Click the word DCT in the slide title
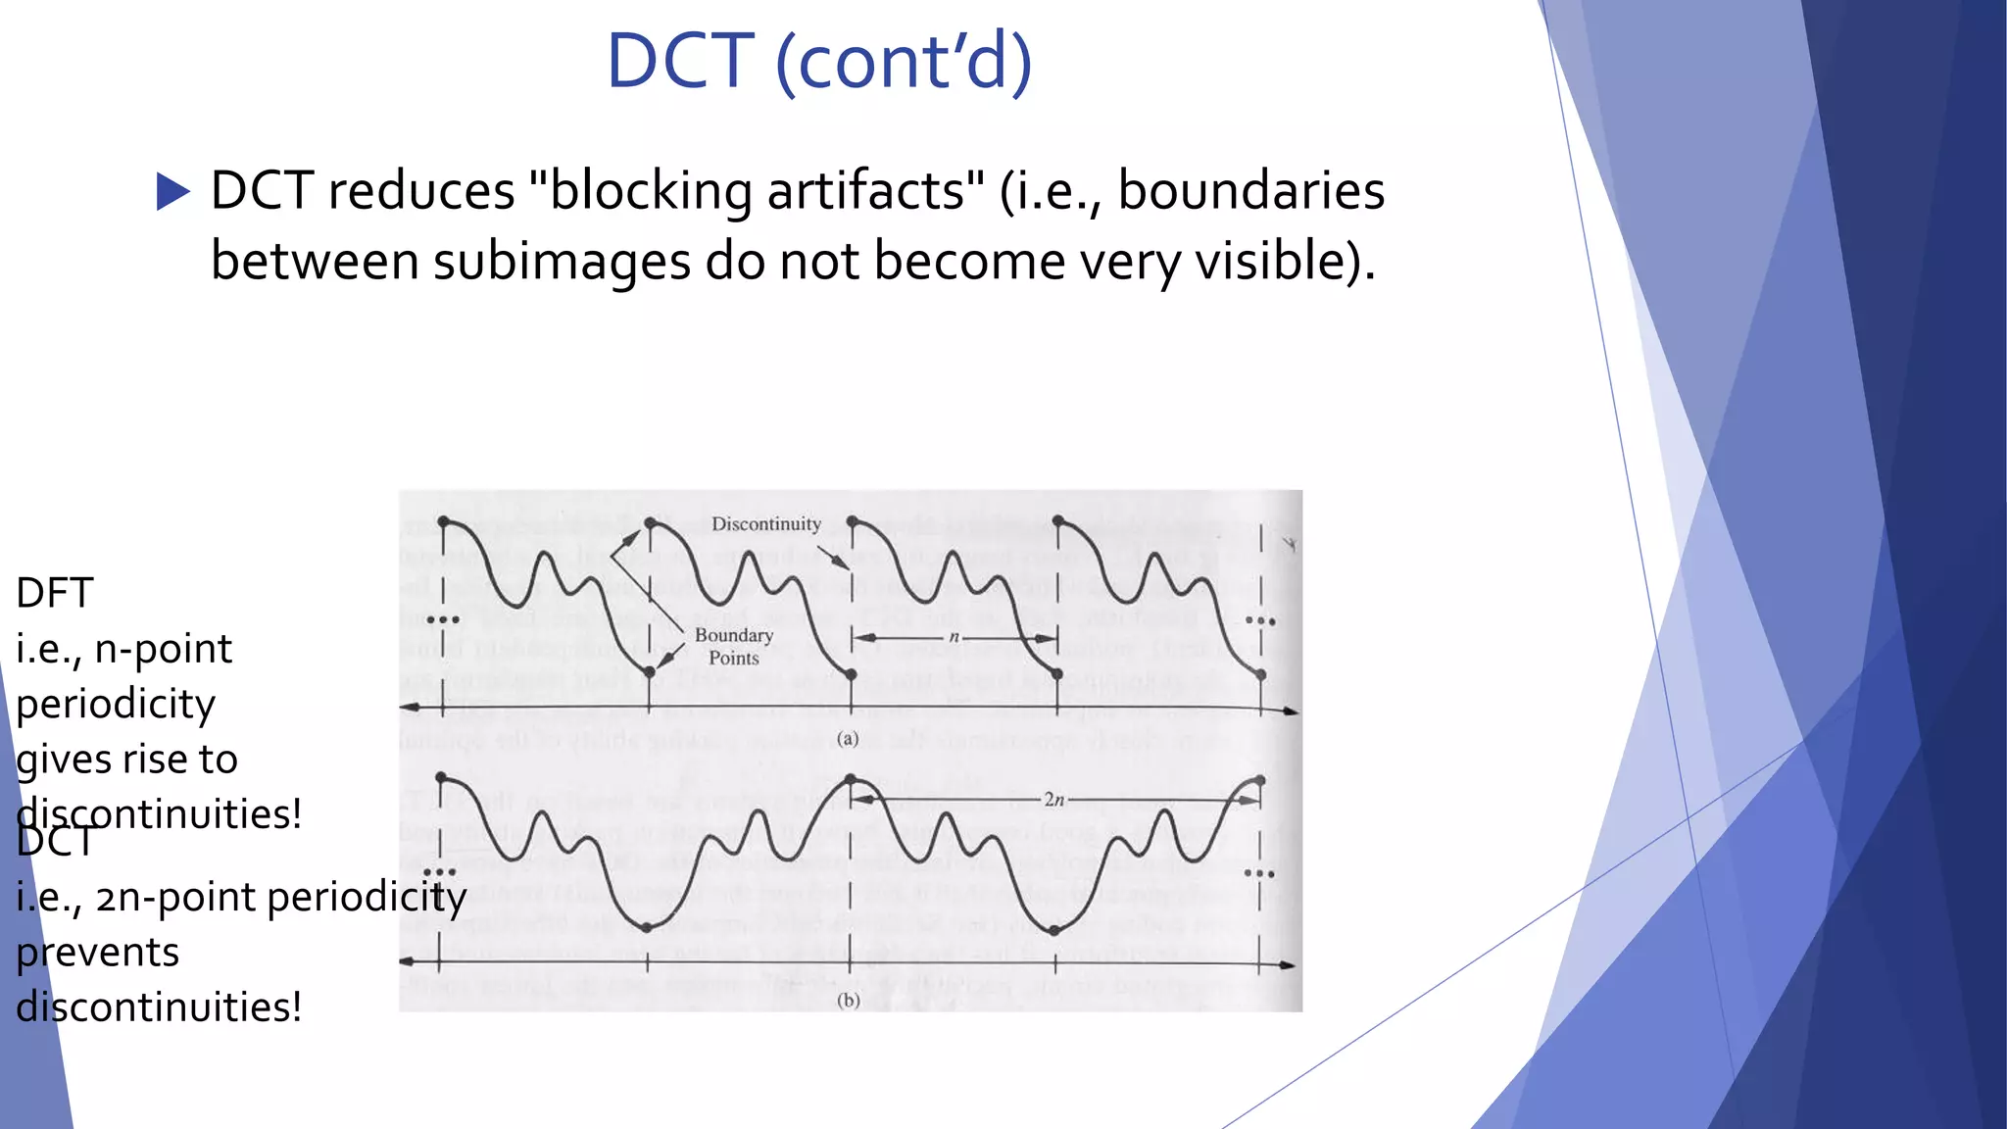[x=680, y=62]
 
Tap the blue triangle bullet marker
[x=173, y=191]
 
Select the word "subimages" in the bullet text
[x=563, y=262]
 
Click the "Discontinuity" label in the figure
[x=766, y=524]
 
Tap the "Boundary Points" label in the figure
[x=734, y=647]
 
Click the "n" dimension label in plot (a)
[x=954, y=637]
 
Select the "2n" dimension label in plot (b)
[x=1053, y=800]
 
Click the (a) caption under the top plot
[x=849, y=739]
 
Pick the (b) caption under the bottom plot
[x=849, y=1001]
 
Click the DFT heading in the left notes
[x=55, y=594]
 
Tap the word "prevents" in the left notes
[x=98, y=953]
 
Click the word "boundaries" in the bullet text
[x=1250, y=191]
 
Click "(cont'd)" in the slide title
[x=904, y=62]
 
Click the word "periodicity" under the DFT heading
[x=116, y=705]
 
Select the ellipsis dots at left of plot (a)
[x=443, y=619]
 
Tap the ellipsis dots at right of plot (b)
[x=1259, y=873]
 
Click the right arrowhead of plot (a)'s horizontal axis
[x=1293, y=711]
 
